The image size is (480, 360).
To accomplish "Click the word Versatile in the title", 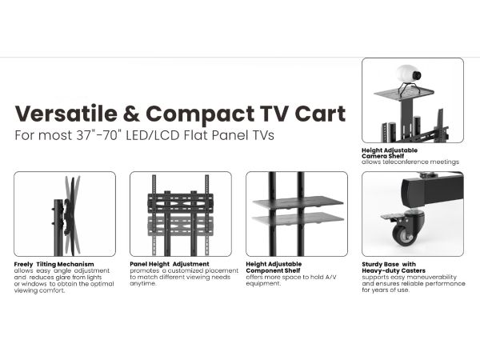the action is (x=66, y=114).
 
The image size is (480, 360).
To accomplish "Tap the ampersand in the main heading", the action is (x=132, y=114).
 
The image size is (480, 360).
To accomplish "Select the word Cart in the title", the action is (x=320, y=114).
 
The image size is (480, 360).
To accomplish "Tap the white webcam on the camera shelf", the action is (x=409, y=74).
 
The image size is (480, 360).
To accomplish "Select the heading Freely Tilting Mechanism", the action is (x=54, y=264).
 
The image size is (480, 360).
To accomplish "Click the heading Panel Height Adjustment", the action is (x=170, y=264).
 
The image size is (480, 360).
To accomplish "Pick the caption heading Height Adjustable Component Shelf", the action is (x=274, y=267).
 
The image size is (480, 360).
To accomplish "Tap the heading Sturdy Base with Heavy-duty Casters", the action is (x=394, y=267).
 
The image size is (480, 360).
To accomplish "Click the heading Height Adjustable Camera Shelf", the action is (x=390, y=153).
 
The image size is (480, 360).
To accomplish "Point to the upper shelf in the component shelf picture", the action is (x=298, y=202).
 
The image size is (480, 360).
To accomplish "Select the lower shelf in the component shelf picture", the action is (x=298, y=219).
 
